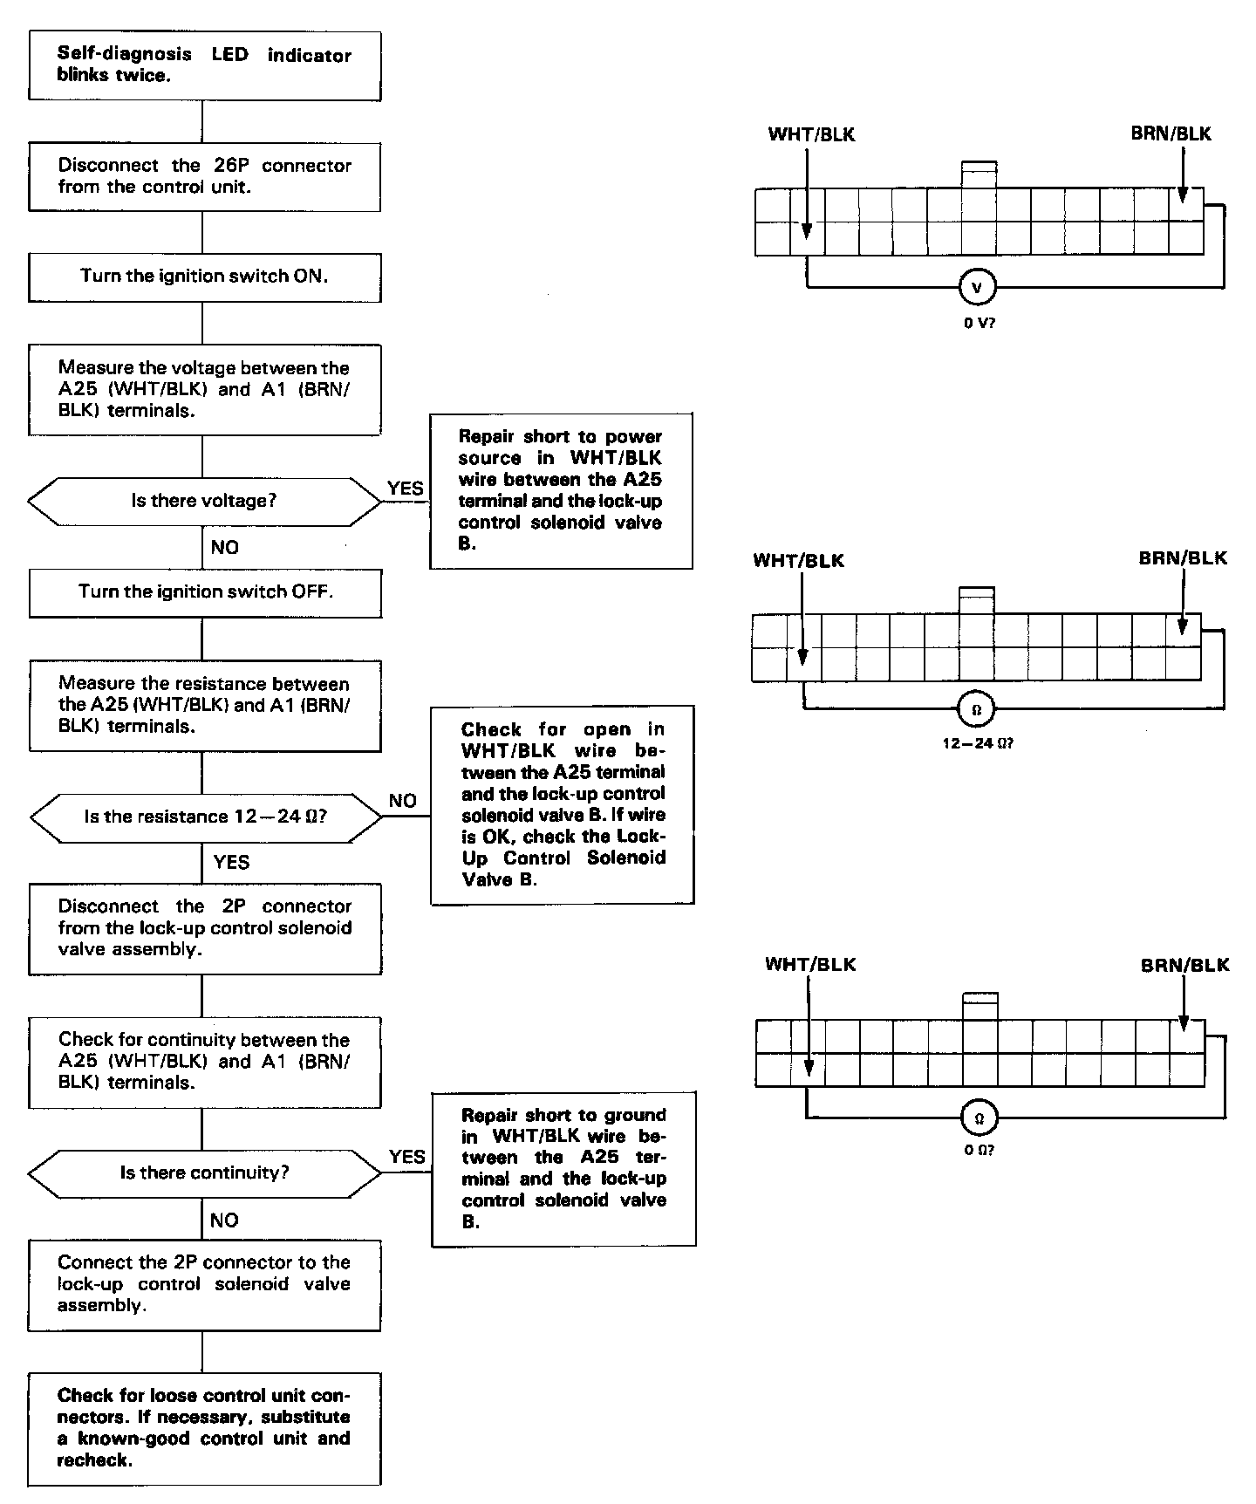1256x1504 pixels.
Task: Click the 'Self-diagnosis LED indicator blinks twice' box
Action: pyautogui.click(x=204, y=65)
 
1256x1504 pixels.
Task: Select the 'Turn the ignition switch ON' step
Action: pyautogui.click(x=204, y=277)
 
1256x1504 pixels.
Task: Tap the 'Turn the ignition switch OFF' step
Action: pyautogui.click(x=205, y=592)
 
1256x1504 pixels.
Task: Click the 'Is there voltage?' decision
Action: pyautogui.click(x=204, y=502)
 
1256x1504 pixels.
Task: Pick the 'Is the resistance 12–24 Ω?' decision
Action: pyautogui.click(x=205, y=817)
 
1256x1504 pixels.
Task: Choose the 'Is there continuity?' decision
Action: pyautogui.click(x=204, y=1173)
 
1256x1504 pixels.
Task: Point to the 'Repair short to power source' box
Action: pyautogui.click(x=561, y=490)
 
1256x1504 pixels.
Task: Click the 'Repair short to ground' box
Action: pyautogui.click(x=563, y=1168)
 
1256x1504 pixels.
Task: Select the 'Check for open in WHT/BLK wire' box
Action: pyautogui.click(x=563, y=804)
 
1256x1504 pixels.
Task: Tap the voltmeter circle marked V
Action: pyautogui.click(x=976, y=287)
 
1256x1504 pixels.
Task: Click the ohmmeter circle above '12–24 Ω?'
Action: pyautogui.click(x=976, y=709)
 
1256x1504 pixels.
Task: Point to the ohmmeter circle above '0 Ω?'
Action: pyautogui.click(x=978, y=1118)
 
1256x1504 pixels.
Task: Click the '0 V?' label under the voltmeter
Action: pyautogui.click(x=979, y=323)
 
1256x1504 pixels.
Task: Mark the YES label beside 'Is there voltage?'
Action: pyautogui.click(x=406, y=489)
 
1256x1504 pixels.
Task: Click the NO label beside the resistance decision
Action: pyautogui.click(x=402, y=801)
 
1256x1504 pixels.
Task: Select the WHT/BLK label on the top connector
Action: pyautogui.click(x=811, y=134)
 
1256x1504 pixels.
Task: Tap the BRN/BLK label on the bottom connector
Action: pyautogui.click(x=1184, y=965)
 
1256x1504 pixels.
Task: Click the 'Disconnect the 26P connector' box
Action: pyautogui.click(x=204, y=176)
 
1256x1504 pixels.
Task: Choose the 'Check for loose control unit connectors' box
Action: pyautogui.click(x=204, y=1428)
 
